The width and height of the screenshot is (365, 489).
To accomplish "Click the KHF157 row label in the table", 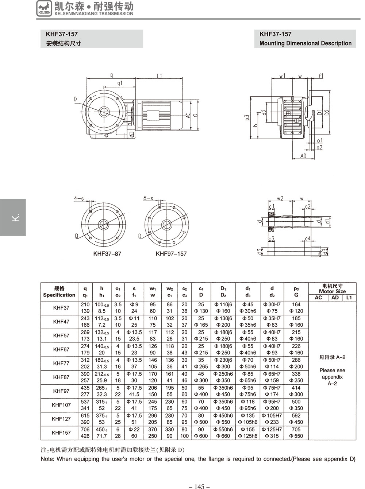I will coord(61,432).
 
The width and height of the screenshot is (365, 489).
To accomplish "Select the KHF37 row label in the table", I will coord(61,307).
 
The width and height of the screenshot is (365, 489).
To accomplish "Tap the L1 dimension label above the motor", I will coord(160,76).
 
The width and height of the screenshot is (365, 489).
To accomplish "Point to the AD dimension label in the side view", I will coord(303,156).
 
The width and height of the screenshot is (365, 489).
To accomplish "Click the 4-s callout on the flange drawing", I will coord(79,198).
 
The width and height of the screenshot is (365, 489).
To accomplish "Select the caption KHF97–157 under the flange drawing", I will coord(171,253).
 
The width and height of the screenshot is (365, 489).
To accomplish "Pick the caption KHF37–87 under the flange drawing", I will coord(107,253).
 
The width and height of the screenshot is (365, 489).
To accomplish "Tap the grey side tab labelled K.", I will coord(13,217).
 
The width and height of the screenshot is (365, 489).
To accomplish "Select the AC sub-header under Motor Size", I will coord(318,298).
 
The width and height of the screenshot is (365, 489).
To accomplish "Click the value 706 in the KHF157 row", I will coord(85,429).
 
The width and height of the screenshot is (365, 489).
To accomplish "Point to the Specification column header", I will coord(59,291).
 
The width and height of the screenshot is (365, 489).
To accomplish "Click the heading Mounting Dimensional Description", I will coord(305,43).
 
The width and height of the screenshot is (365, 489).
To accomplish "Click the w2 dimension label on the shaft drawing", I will coord(280,199).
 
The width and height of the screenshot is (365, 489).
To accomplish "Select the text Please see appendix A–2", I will coord(332,377).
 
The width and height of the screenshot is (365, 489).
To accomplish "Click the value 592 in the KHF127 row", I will coord(296,415).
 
